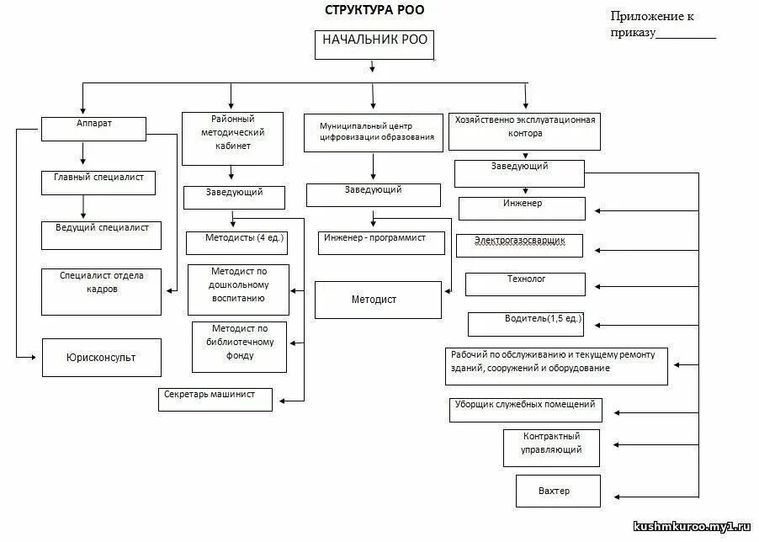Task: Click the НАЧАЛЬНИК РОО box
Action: click(374, 45)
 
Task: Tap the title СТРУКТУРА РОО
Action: click(375, 10)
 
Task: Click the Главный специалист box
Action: click(99, 183)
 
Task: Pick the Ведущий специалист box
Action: click(101, 235)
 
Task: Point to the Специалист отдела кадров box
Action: click(101, 290)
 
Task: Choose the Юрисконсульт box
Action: click(101, 357)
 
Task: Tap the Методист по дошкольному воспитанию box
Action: click(239, 290)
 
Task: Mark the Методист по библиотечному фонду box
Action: click(239, 346)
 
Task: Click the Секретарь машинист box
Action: click(215, 399)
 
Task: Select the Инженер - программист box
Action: click(373, 242)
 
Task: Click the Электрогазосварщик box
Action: click(520, 244)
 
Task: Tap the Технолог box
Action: click(525, 284)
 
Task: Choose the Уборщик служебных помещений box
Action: click(525, 409)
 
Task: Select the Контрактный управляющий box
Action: click(553, 448)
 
